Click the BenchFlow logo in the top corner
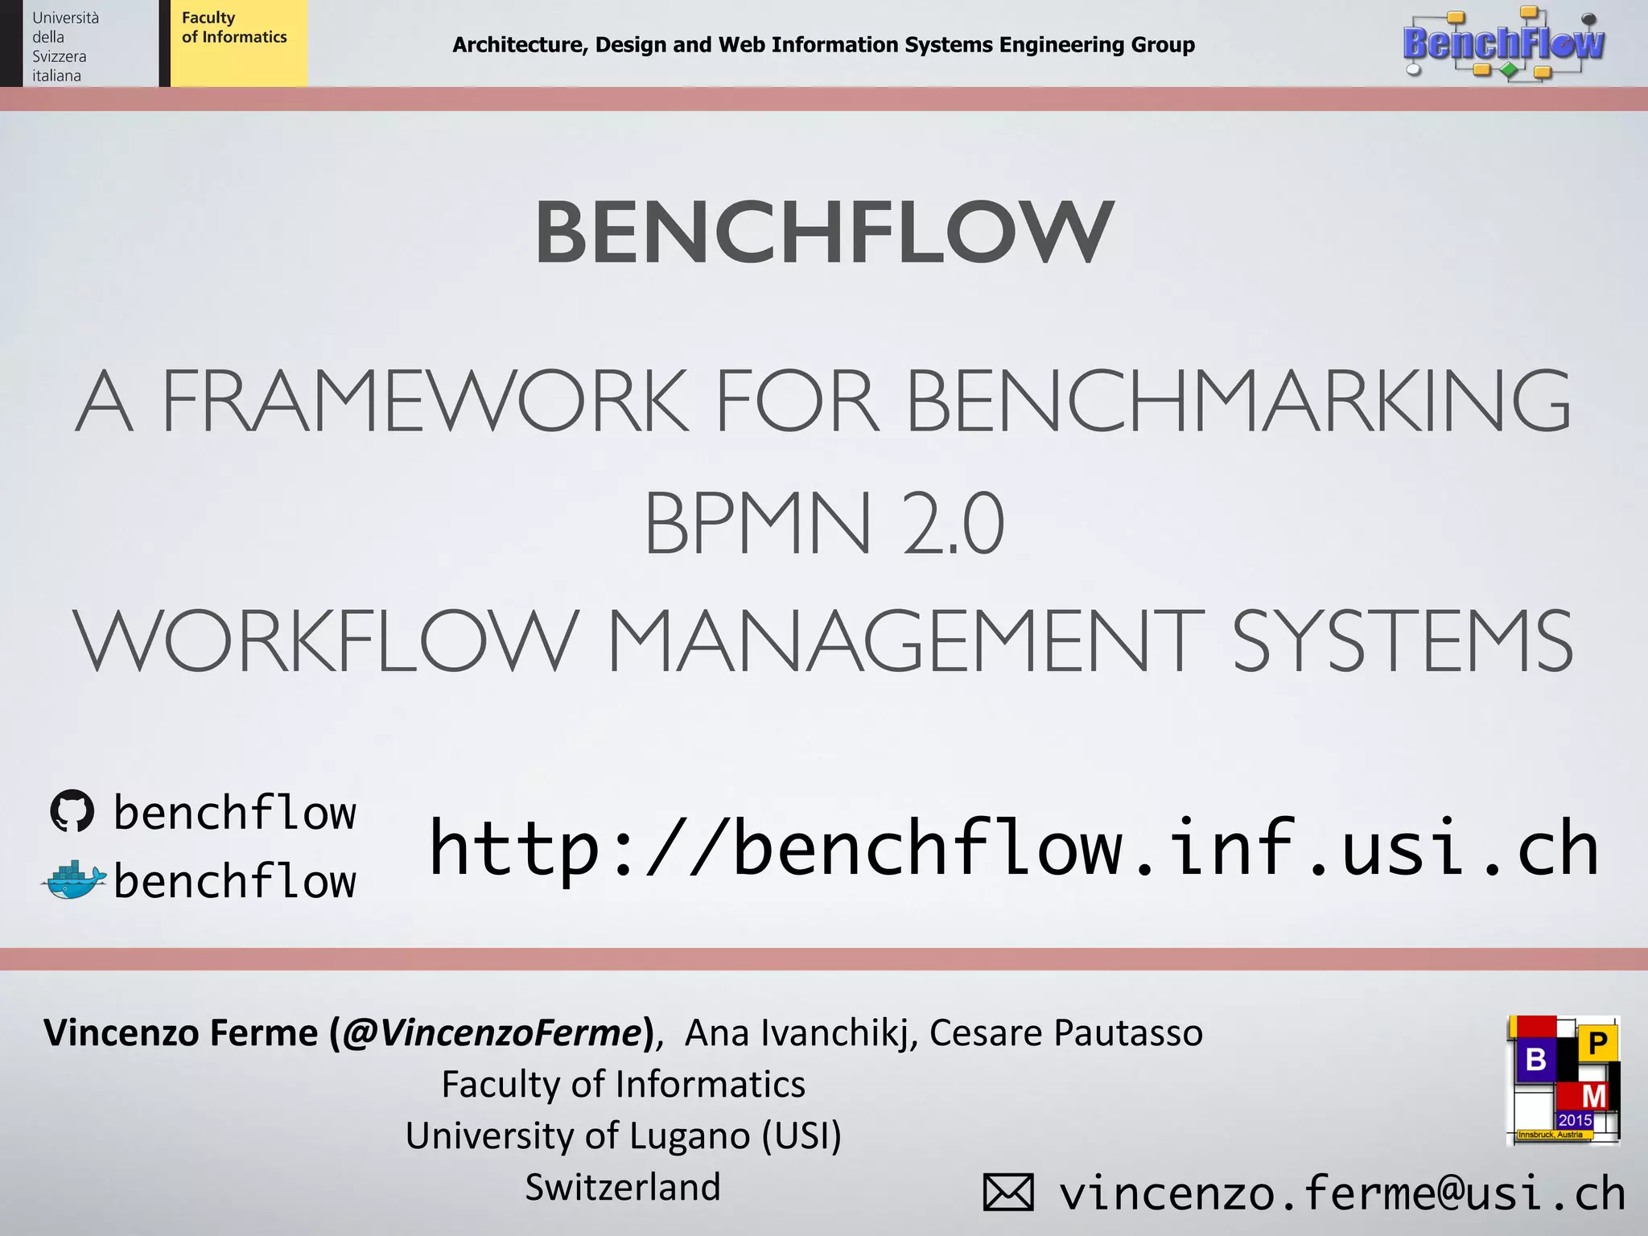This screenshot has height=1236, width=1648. coord(1503,43)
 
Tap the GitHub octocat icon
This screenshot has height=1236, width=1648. coord(72,811)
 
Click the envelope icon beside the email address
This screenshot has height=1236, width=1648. coord(1008,1192)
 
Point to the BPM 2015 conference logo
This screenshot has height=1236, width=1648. coord(1563,1080)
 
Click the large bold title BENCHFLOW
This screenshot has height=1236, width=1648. coord(824,233)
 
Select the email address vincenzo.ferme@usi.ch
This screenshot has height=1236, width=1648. coord(1341,1192)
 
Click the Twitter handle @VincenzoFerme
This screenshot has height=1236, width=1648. coord(492,1033)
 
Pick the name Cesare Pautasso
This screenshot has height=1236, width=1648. coord(1066,1033)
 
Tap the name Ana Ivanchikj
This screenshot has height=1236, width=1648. coord(801,1033)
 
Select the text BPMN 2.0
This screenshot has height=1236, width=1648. coord(824,523)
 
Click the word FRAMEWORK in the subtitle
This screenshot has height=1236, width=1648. coord(425,401)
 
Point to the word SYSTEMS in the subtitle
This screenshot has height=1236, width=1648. coord(1402,641)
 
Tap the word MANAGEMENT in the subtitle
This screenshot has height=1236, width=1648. coord(905,641)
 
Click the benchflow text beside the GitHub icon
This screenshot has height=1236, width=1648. coord(235,813)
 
